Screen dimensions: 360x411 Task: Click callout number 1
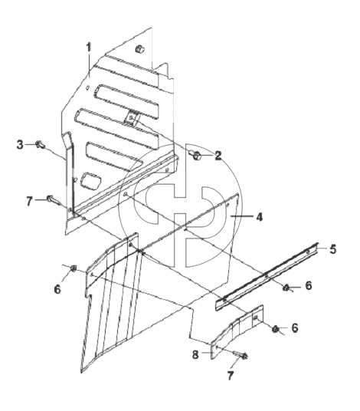coord(89,48)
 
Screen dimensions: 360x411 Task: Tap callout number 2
coord(218,156)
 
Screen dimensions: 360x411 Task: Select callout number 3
coord(20,145)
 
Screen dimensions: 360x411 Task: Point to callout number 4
coord(259,217)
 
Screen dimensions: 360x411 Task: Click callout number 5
coord(332,249)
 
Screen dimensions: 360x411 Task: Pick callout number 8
coord(195,355)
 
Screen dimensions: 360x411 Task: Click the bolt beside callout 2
coord(196,155)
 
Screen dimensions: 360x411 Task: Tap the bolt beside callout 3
coord(40,144)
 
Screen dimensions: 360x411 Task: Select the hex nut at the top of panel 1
coord(140,49)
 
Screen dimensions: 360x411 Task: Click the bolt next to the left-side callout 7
coord(53,199)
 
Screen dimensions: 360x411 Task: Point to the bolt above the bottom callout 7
coord(241,355)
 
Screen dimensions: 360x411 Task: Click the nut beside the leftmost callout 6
coord(73,268)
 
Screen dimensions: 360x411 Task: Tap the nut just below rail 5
coord(286,288)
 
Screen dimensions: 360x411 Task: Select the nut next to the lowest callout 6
coord(276,329)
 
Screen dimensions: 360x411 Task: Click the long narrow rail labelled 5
coord(267,277)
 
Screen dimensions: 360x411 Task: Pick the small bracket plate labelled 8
coord(237,332)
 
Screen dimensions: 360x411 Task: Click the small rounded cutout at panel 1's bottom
coord(90,180)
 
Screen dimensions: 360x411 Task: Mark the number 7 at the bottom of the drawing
coord(230,376)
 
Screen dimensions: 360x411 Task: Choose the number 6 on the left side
coord(57,289)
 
